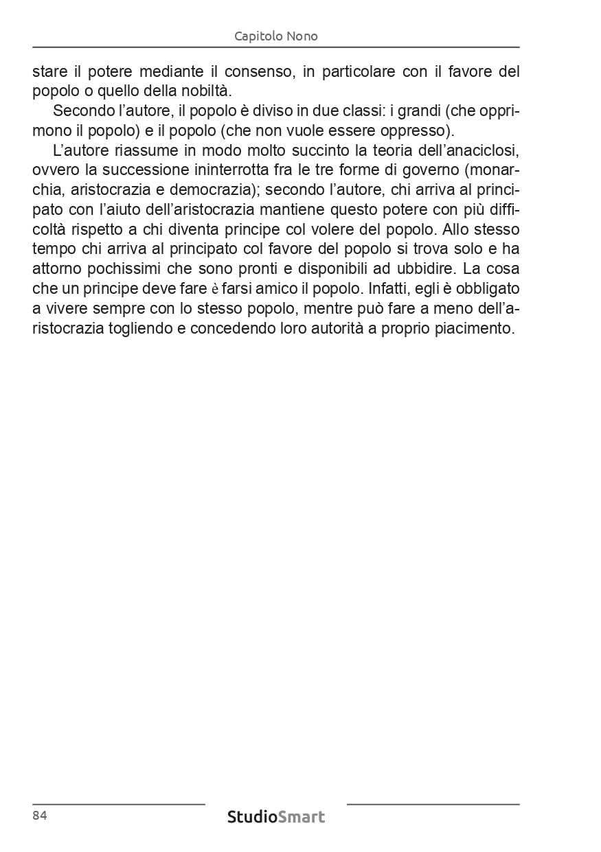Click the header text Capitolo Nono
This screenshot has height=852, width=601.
[x=275, y=36]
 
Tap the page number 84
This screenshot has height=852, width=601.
[x=39, y=816]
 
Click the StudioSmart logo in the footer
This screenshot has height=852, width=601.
[x=275, y=817]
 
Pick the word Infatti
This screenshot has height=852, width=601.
[x=381, y=288]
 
